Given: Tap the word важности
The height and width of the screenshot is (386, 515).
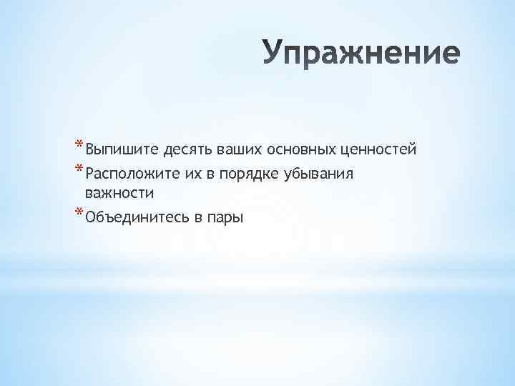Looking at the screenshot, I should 119,193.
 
